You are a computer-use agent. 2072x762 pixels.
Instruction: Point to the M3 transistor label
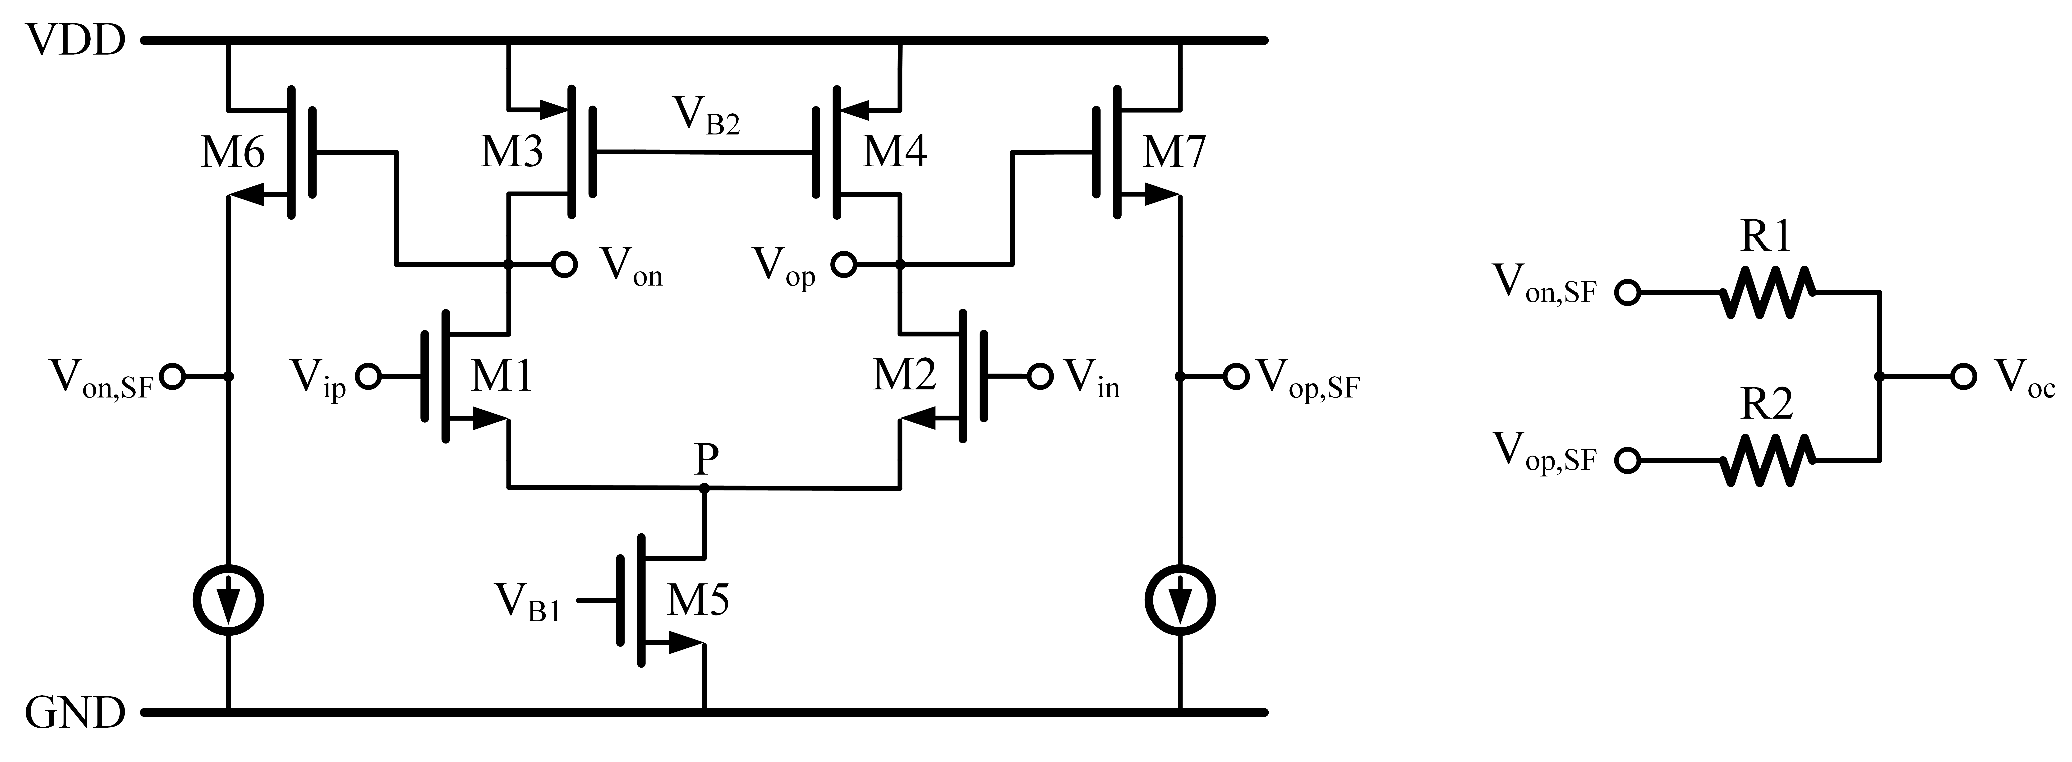tap(511, 152)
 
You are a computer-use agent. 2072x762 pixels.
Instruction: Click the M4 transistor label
tap(894, 152)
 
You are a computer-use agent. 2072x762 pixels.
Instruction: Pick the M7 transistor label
tap(1174, 152)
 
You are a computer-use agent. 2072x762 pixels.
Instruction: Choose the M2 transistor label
tap(905, 376)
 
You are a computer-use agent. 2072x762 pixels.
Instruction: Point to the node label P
tap(705, 460)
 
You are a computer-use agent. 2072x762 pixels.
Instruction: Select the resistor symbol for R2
tap(1767, 460)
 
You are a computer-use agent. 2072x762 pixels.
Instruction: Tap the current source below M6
tap(229, 600)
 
